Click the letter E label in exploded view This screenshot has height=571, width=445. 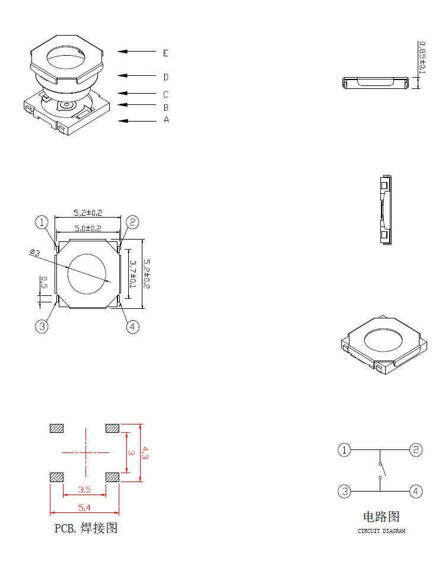point(166,53)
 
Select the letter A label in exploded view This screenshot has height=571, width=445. point(166,120)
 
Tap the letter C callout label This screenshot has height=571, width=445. point(166,94)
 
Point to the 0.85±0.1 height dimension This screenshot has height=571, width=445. point(422,58)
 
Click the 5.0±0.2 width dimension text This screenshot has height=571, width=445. point(87,228)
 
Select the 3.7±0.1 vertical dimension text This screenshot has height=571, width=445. point(133,274)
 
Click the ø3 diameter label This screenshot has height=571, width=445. point(34,253)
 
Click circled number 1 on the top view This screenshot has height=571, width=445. point(42,222)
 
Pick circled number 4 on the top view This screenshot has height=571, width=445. point(133,327)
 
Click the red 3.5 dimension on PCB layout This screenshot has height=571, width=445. point(84,490)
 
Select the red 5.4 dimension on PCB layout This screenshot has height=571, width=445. point(84,508)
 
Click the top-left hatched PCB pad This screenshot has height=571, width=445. point(57,429)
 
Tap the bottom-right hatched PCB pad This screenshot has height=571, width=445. point(112,477)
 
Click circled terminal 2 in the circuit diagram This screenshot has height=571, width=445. point(417,450)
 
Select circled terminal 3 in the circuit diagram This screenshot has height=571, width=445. point(344,491)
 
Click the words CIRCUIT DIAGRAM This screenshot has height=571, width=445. point(381,531)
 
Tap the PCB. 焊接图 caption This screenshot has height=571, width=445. point(86,528)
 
